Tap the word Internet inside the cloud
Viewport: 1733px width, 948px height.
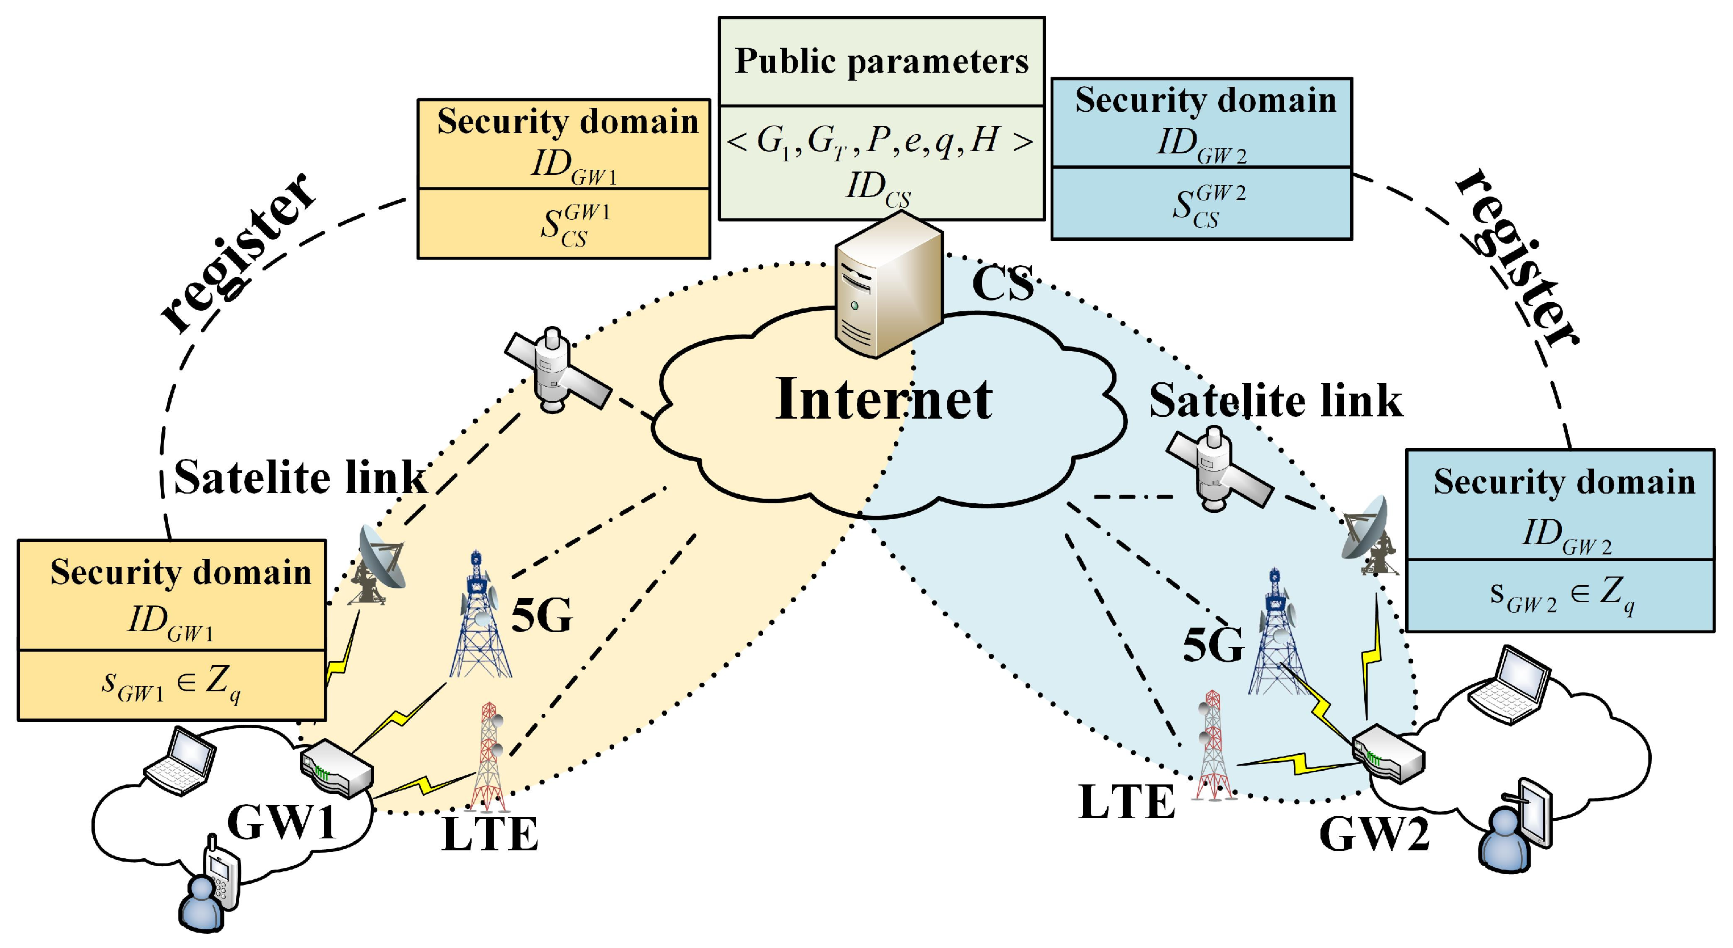point(884,399)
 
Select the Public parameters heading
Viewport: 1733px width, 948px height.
point(881,62)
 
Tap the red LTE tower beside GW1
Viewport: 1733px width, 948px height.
point(489,757)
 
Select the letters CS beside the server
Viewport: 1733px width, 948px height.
point(1002,284)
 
